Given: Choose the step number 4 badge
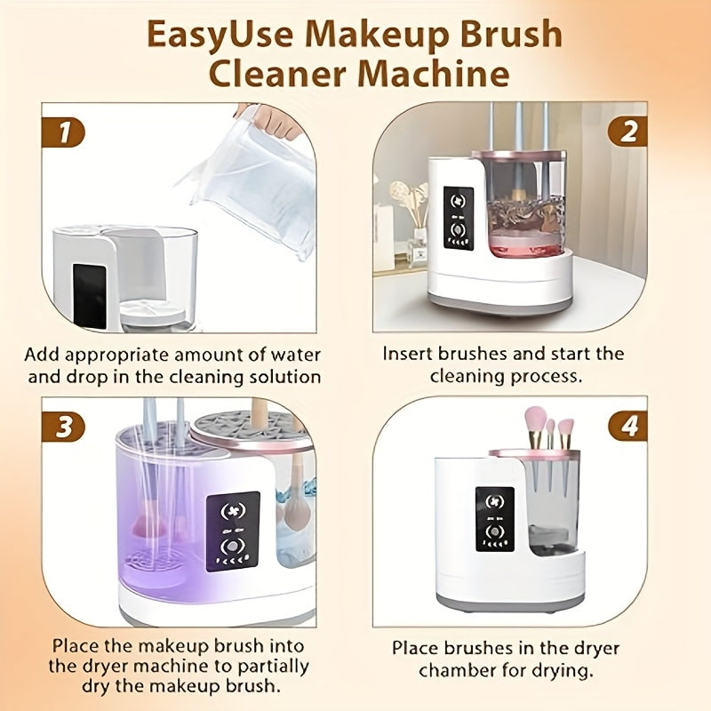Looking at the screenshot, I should pyautogui.click(x=627, y=426).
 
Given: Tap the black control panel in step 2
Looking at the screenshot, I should pyautogui.click(x=459, y=218).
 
